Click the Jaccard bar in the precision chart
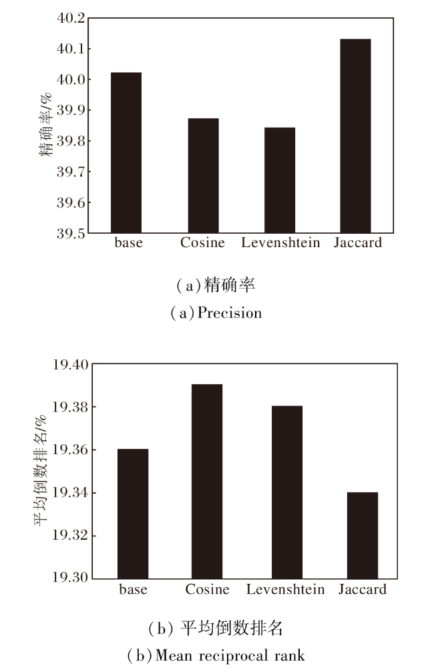pos(355,136)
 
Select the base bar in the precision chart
pos(127,152)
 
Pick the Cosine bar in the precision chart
pos(203,176)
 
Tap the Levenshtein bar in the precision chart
pos(280,180)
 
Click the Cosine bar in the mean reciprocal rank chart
pos(207,481)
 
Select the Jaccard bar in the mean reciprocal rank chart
pos(363,535)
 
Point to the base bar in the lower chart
pos(133,513)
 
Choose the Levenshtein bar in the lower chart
pos(287,492)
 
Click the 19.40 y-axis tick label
pos(69,365)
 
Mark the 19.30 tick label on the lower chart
pos(69,578)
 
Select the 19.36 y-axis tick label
pos(69,450)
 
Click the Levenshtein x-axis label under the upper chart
pos(280,242)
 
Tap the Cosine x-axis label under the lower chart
pos(207,589)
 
